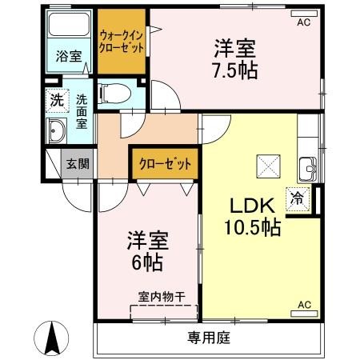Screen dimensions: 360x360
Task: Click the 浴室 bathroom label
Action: click(67, 56)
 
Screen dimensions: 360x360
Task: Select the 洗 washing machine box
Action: click(56, 102)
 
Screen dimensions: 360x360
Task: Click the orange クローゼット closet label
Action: click(165, 164)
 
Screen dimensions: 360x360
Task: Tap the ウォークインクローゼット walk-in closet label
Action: click(122, 41)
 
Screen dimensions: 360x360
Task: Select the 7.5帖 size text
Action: click(234, 70)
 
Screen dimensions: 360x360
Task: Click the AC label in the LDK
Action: click(304, 305)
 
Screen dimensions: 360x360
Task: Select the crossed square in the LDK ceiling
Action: click(267, 166)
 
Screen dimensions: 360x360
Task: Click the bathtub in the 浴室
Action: click(67, 27)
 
